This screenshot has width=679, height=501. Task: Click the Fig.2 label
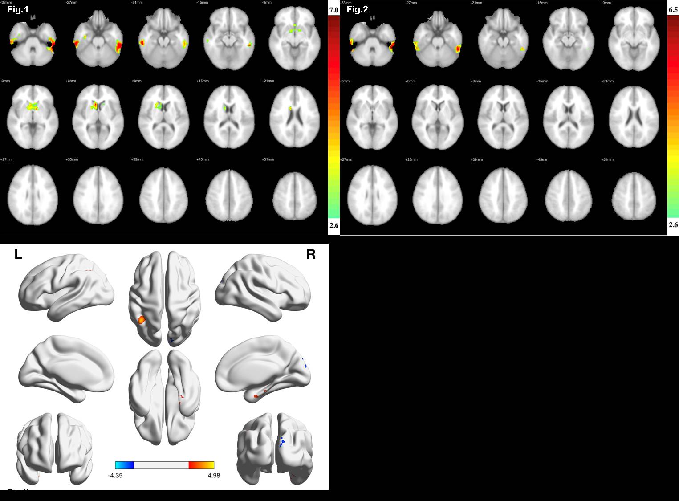(357, 9)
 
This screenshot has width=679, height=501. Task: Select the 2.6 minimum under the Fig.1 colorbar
(333, 225)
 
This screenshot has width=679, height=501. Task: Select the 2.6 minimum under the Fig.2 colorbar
(673, 225)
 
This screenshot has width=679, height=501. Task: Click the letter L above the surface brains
(18, 254)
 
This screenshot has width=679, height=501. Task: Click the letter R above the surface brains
(310, 254)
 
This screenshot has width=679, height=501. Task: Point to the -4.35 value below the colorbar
(115, 475)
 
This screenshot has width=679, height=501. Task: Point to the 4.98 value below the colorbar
(214, 475)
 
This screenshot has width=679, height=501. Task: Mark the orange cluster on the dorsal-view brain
(142, 319)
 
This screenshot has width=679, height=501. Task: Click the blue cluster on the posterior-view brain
(281, 442)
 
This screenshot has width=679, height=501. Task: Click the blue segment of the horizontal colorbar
(124, 465)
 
